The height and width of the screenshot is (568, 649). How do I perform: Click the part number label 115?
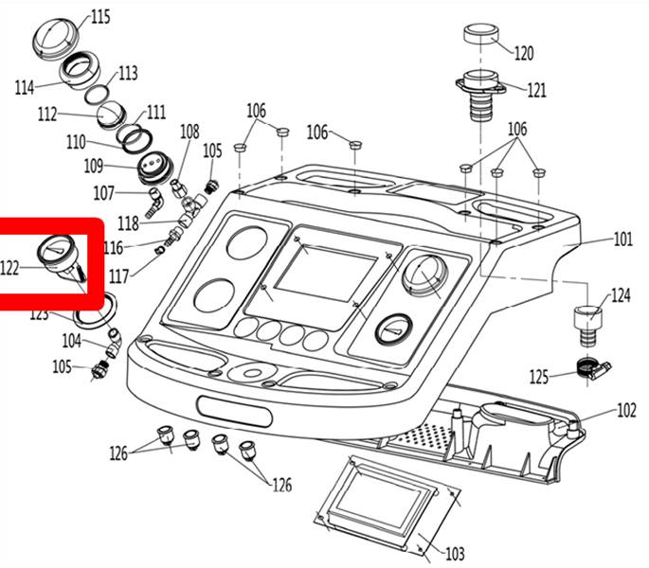click(x=100, y=18)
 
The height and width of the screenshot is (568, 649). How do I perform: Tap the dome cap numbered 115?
click(x=55, y=37)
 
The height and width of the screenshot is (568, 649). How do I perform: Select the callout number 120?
click(x=524, y=53)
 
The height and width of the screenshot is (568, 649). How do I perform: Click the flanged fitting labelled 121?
click(x=480, y=96)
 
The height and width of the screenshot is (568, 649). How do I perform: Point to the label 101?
click(x=622, y=240)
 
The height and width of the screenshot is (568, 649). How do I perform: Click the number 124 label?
click(x=621, y=295)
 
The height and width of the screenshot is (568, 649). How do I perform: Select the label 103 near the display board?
click(x=455, y=554)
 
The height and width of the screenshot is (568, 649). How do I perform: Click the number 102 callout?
click(x=626, y=410)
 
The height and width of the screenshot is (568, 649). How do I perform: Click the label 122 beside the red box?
click(x=9, y=269)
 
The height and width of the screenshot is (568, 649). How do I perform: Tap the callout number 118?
click(x=128, y=223)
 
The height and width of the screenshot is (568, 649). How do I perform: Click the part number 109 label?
click(x=94, y=166)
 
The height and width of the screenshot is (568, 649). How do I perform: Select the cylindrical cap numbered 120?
click(x=480, y=34)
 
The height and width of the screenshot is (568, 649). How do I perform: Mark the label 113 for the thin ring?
click(x=128, y=73)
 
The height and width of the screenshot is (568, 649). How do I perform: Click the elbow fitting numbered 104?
click(x=114, y=343)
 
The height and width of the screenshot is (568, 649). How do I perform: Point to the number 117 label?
click(x=118, y=275)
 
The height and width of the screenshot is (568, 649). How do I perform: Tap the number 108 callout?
click(x=189, y=132)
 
